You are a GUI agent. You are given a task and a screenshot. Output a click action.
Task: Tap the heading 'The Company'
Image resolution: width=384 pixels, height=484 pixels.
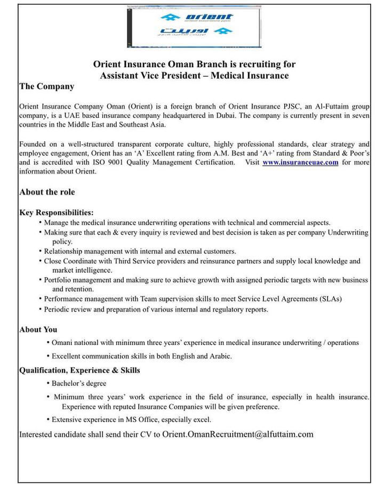pyautogui.click(x=46, y=86)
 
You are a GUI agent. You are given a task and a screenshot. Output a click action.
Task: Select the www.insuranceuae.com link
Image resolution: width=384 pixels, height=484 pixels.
pyautogui.click(x=300, y=163)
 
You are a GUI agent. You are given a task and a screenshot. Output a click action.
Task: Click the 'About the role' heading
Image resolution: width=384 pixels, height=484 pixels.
pyautogui.click(x=47, y=192)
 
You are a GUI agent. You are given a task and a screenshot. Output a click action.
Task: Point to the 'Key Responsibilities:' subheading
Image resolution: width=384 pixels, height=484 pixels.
pyautogui.click(x=57, y=213)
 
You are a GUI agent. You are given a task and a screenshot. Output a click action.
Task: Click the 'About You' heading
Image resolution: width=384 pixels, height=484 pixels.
pyautogui.click(x=38, y=329)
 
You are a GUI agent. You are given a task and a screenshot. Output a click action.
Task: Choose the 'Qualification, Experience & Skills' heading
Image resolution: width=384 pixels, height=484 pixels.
pyautogui.click(x=79, y=370)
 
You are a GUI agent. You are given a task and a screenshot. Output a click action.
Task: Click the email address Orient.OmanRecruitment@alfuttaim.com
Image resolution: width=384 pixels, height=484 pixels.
pyautogui.click(x=238, y=434)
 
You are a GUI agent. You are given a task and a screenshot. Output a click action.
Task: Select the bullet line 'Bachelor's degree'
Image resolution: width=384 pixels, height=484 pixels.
pyautogui.click(x=79, y=383)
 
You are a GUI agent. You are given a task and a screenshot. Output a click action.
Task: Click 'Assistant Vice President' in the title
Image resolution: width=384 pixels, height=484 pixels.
pyautogui.click(x=152, y=75)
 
